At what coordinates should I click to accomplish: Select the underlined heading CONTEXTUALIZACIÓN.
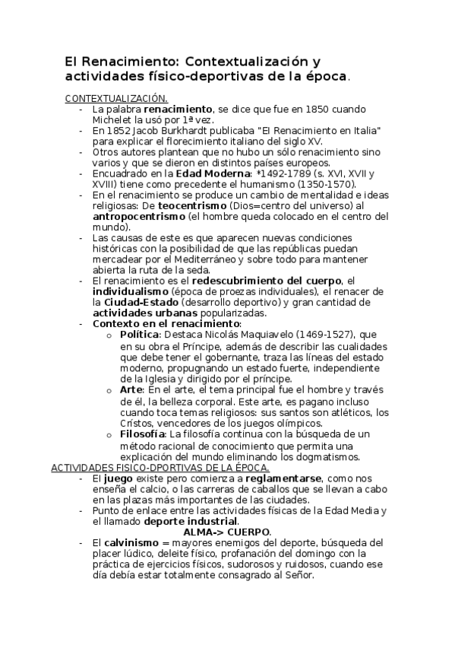[116, 98]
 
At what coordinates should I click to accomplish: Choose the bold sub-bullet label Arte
[132, 391]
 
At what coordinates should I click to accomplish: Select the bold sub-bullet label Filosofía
[143, 434]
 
